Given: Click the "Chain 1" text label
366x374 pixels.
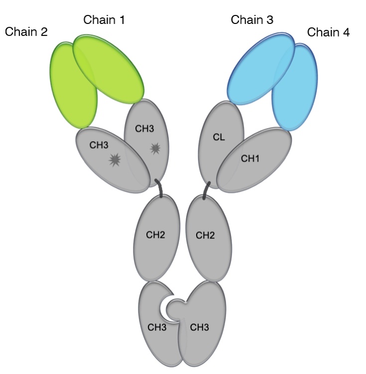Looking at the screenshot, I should coord(104,20).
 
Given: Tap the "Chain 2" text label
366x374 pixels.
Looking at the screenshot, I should coord(26,32).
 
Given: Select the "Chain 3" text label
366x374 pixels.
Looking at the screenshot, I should coord(252,20).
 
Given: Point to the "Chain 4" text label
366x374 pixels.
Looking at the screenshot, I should coord(328,32).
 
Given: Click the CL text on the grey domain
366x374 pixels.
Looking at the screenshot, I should coord(219,138).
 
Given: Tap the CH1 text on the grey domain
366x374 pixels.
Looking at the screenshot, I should coord(251,159).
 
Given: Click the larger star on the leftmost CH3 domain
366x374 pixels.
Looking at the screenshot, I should coord(116,160).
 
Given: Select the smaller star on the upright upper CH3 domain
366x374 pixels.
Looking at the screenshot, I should coord(155,148).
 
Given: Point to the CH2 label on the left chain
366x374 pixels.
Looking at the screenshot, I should coord(155,234).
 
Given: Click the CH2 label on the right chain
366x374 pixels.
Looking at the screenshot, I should coord(205,234).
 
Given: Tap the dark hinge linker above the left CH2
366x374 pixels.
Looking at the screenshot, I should coord(160,188).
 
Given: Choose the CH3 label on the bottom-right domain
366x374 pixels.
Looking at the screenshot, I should coord(199,328).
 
